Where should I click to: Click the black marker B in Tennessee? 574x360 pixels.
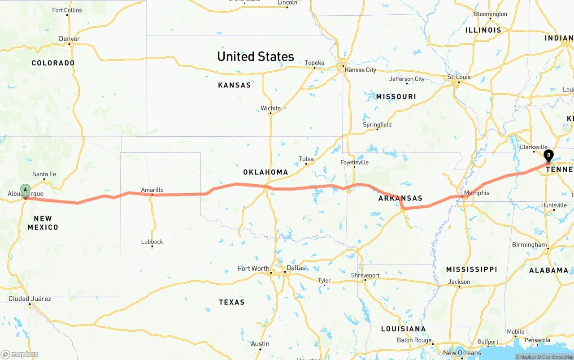point(548,156)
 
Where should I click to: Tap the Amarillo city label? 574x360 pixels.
point(152,190)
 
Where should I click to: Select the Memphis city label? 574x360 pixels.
point(477,193)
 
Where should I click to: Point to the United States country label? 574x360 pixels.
point(256,56)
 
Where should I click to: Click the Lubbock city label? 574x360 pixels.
point(152,242)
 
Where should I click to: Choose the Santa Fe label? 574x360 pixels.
point(44,174)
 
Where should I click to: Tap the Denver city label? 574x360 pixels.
point(70,39)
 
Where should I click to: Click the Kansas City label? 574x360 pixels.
point(361,70)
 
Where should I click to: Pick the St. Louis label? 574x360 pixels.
point(459,77)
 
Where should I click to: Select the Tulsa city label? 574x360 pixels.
point(306,159)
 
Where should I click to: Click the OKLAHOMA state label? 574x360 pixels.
point(265,172)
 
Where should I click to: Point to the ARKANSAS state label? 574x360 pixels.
point(400,198)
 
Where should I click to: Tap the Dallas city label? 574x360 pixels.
point(296,268)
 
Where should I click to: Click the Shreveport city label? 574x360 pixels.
point(365,275)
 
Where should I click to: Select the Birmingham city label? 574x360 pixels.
point(530,245)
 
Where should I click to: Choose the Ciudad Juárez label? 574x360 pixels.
point(30,299)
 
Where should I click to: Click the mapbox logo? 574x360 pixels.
point(20,354)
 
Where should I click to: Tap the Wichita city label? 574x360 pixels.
point(270,108)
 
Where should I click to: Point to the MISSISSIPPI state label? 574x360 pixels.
point(471,269)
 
